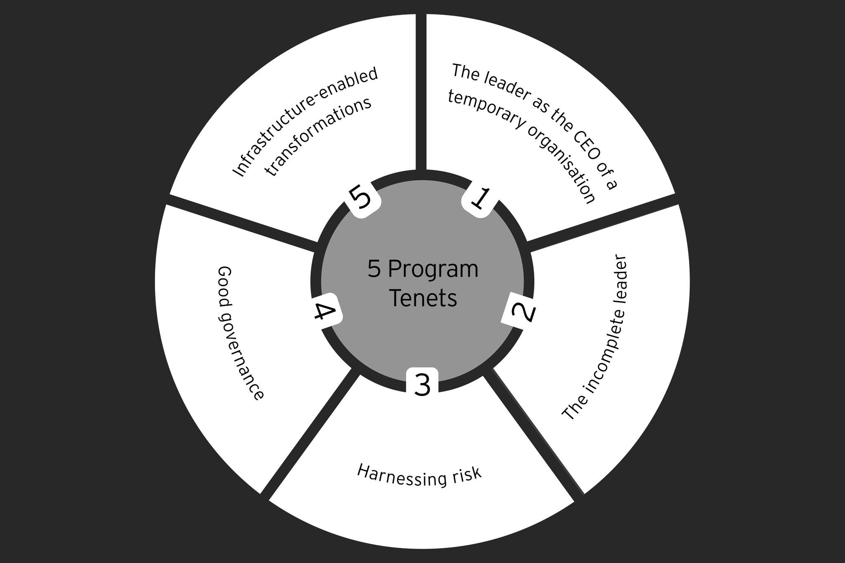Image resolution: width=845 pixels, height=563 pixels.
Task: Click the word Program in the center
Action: coord(433,269)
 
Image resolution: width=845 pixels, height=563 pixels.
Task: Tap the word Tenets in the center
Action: coord(423,298)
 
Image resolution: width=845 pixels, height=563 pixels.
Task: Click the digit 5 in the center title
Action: coord(374,269)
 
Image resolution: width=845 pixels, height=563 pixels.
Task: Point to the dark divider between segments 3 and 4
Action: coord(309,429)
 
